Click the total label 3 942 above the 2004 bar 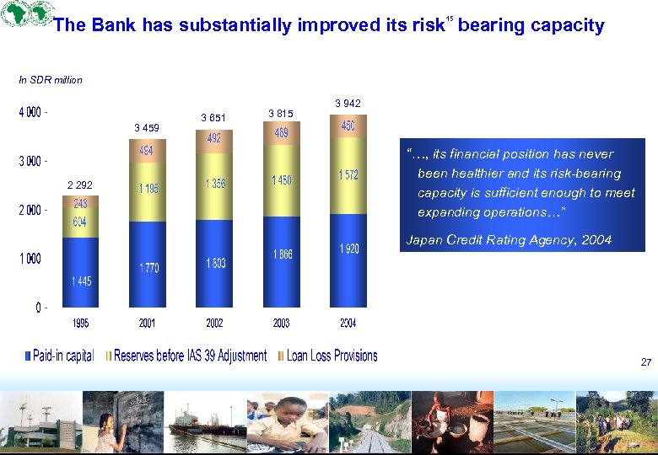pos(348,104)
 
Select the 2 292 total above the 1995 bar pos(78,185)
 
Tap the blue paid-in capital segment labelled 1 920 pos(348,249)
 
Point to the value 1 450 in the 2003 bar pos(281,180)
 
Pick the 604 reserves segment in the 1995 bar pos(80,222)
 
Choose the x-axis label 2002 pos(214,324)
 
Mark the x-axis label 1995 pos(81,324)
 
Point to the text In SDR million pos(51,80)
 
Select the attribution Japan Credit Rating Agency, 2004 pos(509,240)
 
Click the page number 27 pos(645,362)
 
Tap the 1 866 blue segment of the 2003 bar pos(281,254)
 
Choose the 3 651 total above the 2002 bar pos(213,117)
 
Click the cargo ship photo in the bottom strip pos(206,422)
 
